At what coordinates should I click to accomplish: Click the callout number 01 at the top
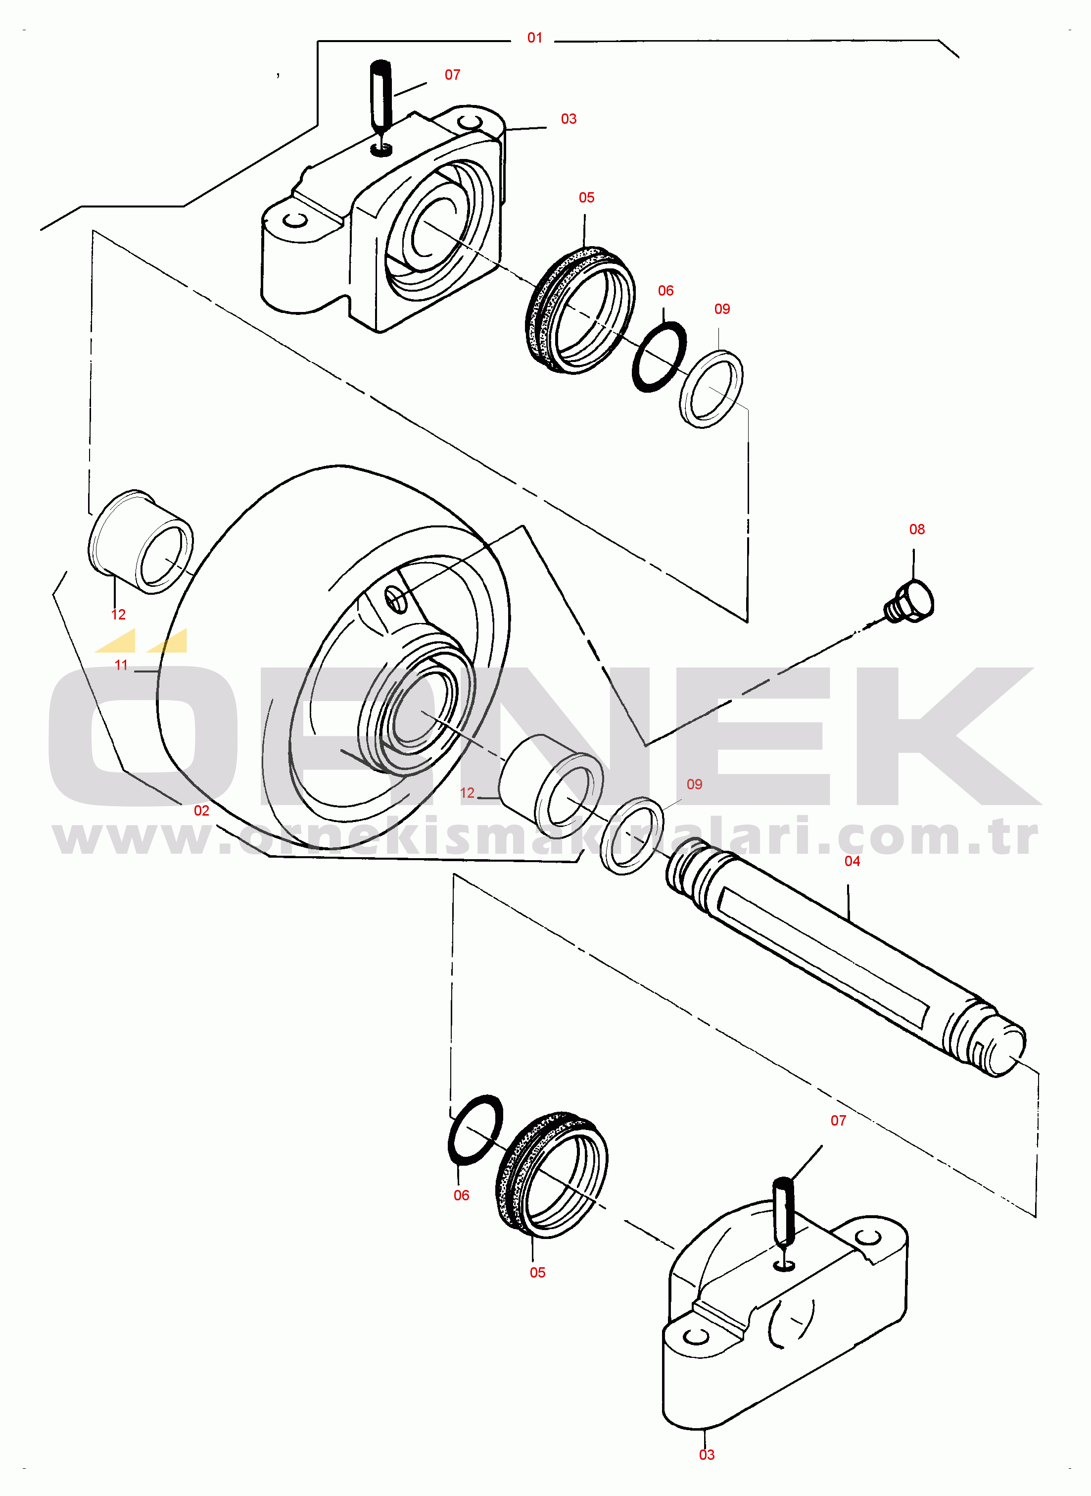(x=535, y=38)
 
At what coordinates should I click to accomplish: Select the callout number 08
(x=917, y=529)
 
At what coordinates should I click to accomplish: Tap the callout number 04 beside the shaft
(x=852, y=861)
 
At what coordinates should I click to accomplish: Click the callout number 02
(x=201, y=811)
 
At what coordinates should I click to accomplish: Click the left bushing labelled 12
(x=140, y=541)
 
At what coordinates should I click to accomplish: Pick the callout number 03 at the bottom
(x=707, y=1454)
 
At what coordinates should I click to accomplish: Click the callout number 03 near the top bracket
(x=569, y=119)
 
